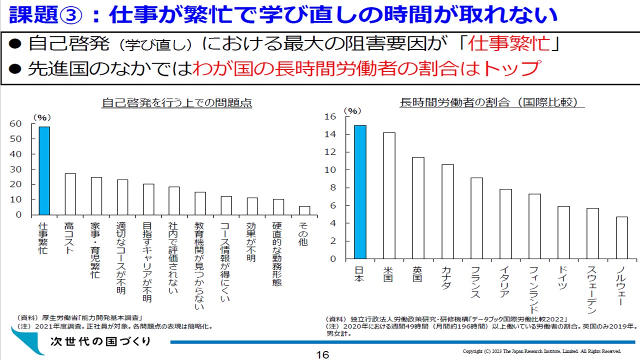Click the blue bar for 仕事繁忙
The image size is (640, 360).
tap(44, 170)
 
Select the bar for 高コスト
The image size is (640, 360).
tap(70, 194)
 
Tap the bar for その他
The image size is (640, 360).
tap(304, 210)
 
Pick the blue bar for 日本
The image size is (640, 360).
tap(360, 192)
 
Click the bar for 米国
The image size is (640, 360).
tap(389, 195)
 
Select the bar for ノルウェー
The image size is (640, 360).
tap(622, 237)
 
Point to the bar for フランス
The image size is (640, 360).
tap(476, 218)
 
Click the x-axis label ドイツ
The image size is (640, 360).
tap(563, 277)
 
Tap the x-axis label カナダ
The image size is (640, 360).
tap(446, 277)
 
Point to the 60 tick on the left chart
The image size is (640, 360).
tap(15, 123)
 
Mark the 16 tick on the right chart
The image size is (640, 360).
tap(330, 116)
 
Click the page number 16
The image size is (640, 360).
tap(322, 354)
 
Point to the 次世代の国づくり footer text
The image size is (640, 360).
tap(100, 342)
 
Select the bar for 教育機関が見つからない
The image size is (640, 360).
tap(200, 203)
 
